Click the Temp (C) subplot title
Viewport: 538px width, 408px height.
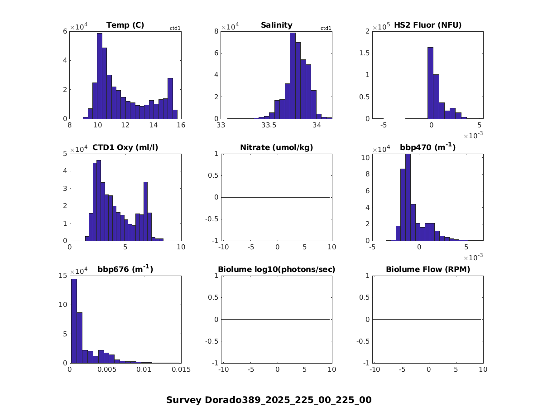[x=125, y=25]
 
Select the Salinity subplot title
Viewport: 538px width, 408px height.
[x=276, y=25]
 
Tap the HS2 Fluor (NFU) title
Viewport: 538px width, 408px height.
[x=428, y=25]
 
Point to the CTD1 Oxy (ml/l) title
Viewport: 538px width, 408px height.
[x=125, y=147]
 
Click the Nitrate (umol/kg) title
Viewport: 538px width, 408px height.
[x=276, y=147]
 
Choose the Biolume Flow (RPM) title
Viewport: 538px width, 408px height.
[x=428, y=270]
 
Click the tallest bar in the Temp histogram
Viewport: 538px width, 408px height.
[x=100, y=77]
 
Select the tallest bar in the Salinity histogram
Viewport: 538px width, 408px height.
[x=293, y=77]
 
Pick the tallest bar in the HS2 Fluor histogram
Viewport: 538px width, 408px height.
[x=430, y=84]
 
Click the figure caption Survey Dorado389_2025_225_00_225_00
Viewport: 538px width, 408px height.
[x=269, y=400]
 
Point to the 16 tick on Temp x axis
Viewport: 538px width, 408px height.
[x=181, y=126]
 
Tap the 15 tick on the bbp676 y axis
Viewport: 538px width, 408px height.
[x=63, y=276]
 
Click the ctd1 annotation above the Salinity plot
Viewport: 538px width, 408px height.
[x=326, y=28]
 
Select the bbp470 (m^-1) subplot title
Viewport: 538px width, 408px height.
[x=428, y=147]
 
